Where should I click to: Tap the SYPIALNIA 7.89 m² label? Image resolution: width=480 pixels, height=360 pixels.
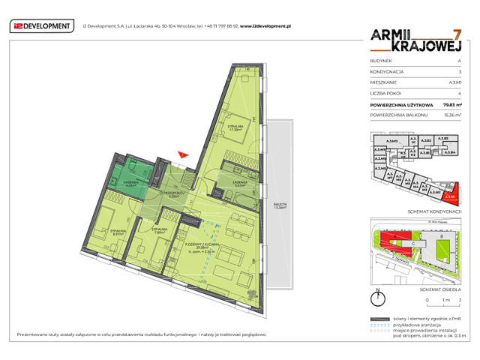(159, 231)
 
